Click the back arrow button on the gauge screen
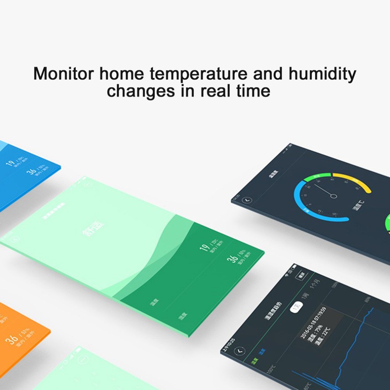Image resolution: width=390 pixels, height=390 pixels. point(246,200)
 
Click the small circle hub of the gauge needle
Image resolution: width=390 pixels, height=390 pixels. point(333,196)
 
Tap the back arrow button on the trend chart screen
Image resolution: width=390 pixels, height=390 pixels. point(238,351)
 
